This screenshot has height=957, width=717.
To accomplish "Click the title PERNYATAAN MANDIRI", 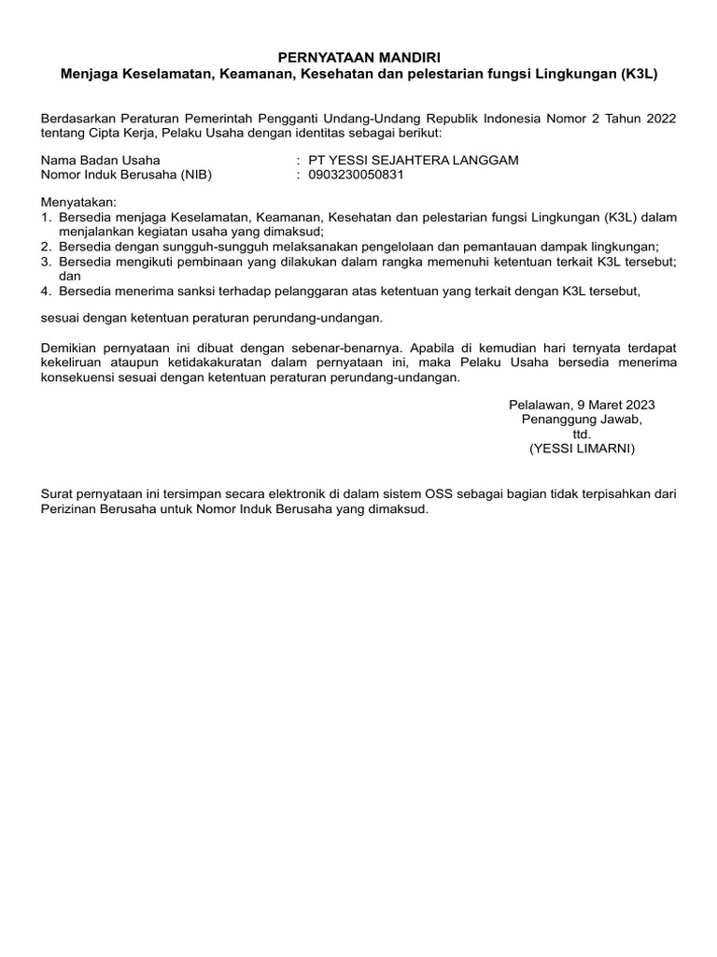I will click(x=358, y=57).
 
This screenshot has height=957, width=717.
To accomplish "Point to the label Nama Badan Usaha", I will click(x=101, y=160).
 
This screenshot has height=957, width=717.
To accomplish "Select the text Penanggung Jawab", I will click(x=582, y=420).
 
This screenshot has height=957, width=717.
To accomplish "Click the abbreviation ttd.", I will click(x=582, y=435).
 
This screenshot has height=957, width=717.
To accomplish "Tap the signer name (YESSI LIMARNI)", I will click(x=582, y=450).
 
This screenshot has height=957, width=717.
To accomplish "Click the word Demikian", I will click(x=72, y=348).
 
